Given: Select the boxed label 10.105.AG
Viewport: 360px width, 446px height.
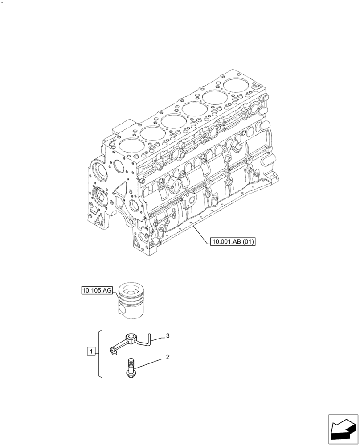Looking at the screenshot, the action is [97, 291].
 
